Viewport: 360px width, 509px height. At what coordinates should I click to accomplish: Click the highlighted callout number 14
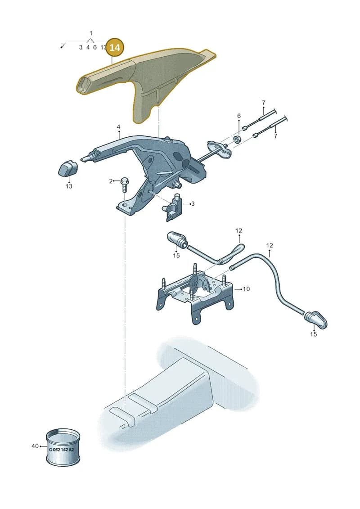point(115,47)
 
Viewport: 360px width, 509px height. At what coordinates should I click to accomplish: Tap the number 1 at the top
point(91,33)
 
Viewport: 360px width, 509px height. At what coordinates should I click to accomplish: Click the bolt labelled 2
point(125,185)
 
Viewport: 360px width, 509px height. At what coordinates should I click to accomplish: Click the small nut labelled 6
point(237,140)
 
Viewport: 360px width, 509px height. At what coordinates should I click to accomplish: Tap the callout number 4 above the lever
point(118,126)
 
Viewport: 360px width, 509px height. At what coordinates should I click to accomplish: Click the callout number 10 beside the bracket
point(247,288)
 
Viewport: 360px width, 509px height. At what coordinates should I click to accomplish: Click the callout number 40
point(35,446)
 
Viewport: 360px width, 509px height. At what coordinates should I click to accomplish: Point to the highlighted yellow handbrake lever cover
point(143,81)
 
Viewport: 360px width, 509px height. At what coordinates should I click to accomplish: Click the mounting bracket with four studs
point(195,292)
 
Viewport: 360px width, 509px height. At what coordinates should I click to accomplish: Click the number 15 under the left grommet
point(176,256)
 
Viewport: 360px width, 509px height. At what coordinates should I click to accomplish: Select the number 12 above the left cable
point(238,230)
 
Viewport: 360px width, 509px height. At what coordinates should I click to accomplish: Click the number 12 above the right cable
point(270,245)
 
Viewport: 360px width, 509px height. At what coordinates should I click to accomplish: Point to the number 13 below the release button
point(69,186)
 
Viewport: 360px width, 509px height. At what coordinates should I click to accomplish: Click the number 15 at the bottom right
point(313,334)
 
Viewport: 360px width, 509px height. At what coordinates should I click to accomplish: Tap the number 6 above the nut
point(239,116)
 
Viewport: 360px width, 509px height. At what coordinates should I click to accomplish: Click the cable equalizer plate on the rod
point(220,149)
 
